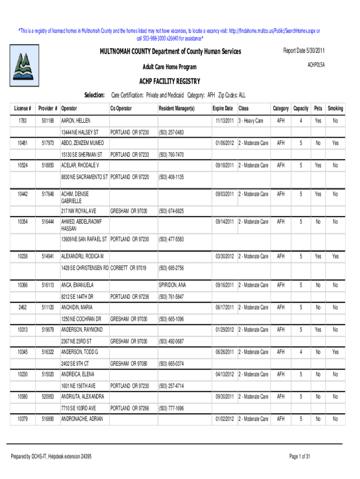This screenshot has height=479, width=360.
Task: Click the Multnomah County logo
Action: click(22, 66)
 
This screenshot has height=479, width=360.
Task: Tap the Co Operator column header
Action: click(121, 109)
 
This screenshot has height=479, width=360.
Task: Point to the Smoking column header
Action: click(335, 109)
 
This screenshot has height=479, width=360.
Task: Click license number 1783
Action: click(22, 121)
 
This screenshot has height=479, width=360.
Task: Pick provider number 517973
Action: click(48, 143)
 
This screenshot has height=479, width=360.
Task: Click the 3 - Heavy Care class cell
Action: click(251, 121)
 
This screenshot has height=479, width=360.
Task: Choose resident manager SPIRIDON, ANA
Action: click(173, 285)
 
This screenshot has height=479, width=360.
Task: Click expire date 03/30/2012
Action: click(224, 257)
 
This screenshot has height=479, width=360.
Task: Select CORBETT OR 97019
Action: click(129, 269)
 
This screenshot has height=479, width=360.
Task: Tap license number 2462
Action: click(22, 307)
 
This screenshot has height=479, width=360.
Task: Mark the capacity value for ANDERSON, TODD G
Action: click(301, 352)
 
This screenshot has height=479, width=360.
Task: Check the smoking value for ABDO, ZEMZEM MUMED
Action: click(335, 143)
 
